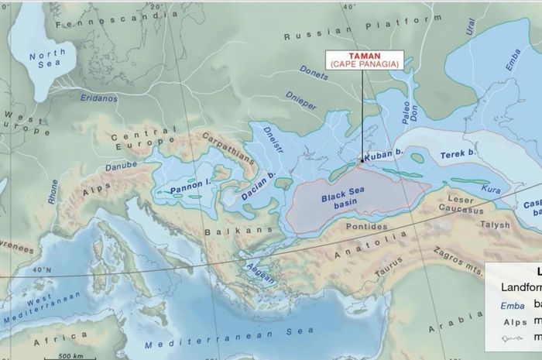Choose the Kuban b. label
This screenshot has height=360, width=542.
pos(385,153)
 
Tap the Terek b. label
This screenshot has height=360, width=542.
pos(457,155)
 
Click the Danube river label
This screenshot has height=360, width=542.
pos(122,166)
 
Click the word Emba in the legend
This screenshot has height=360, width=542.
pos(507,305)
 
